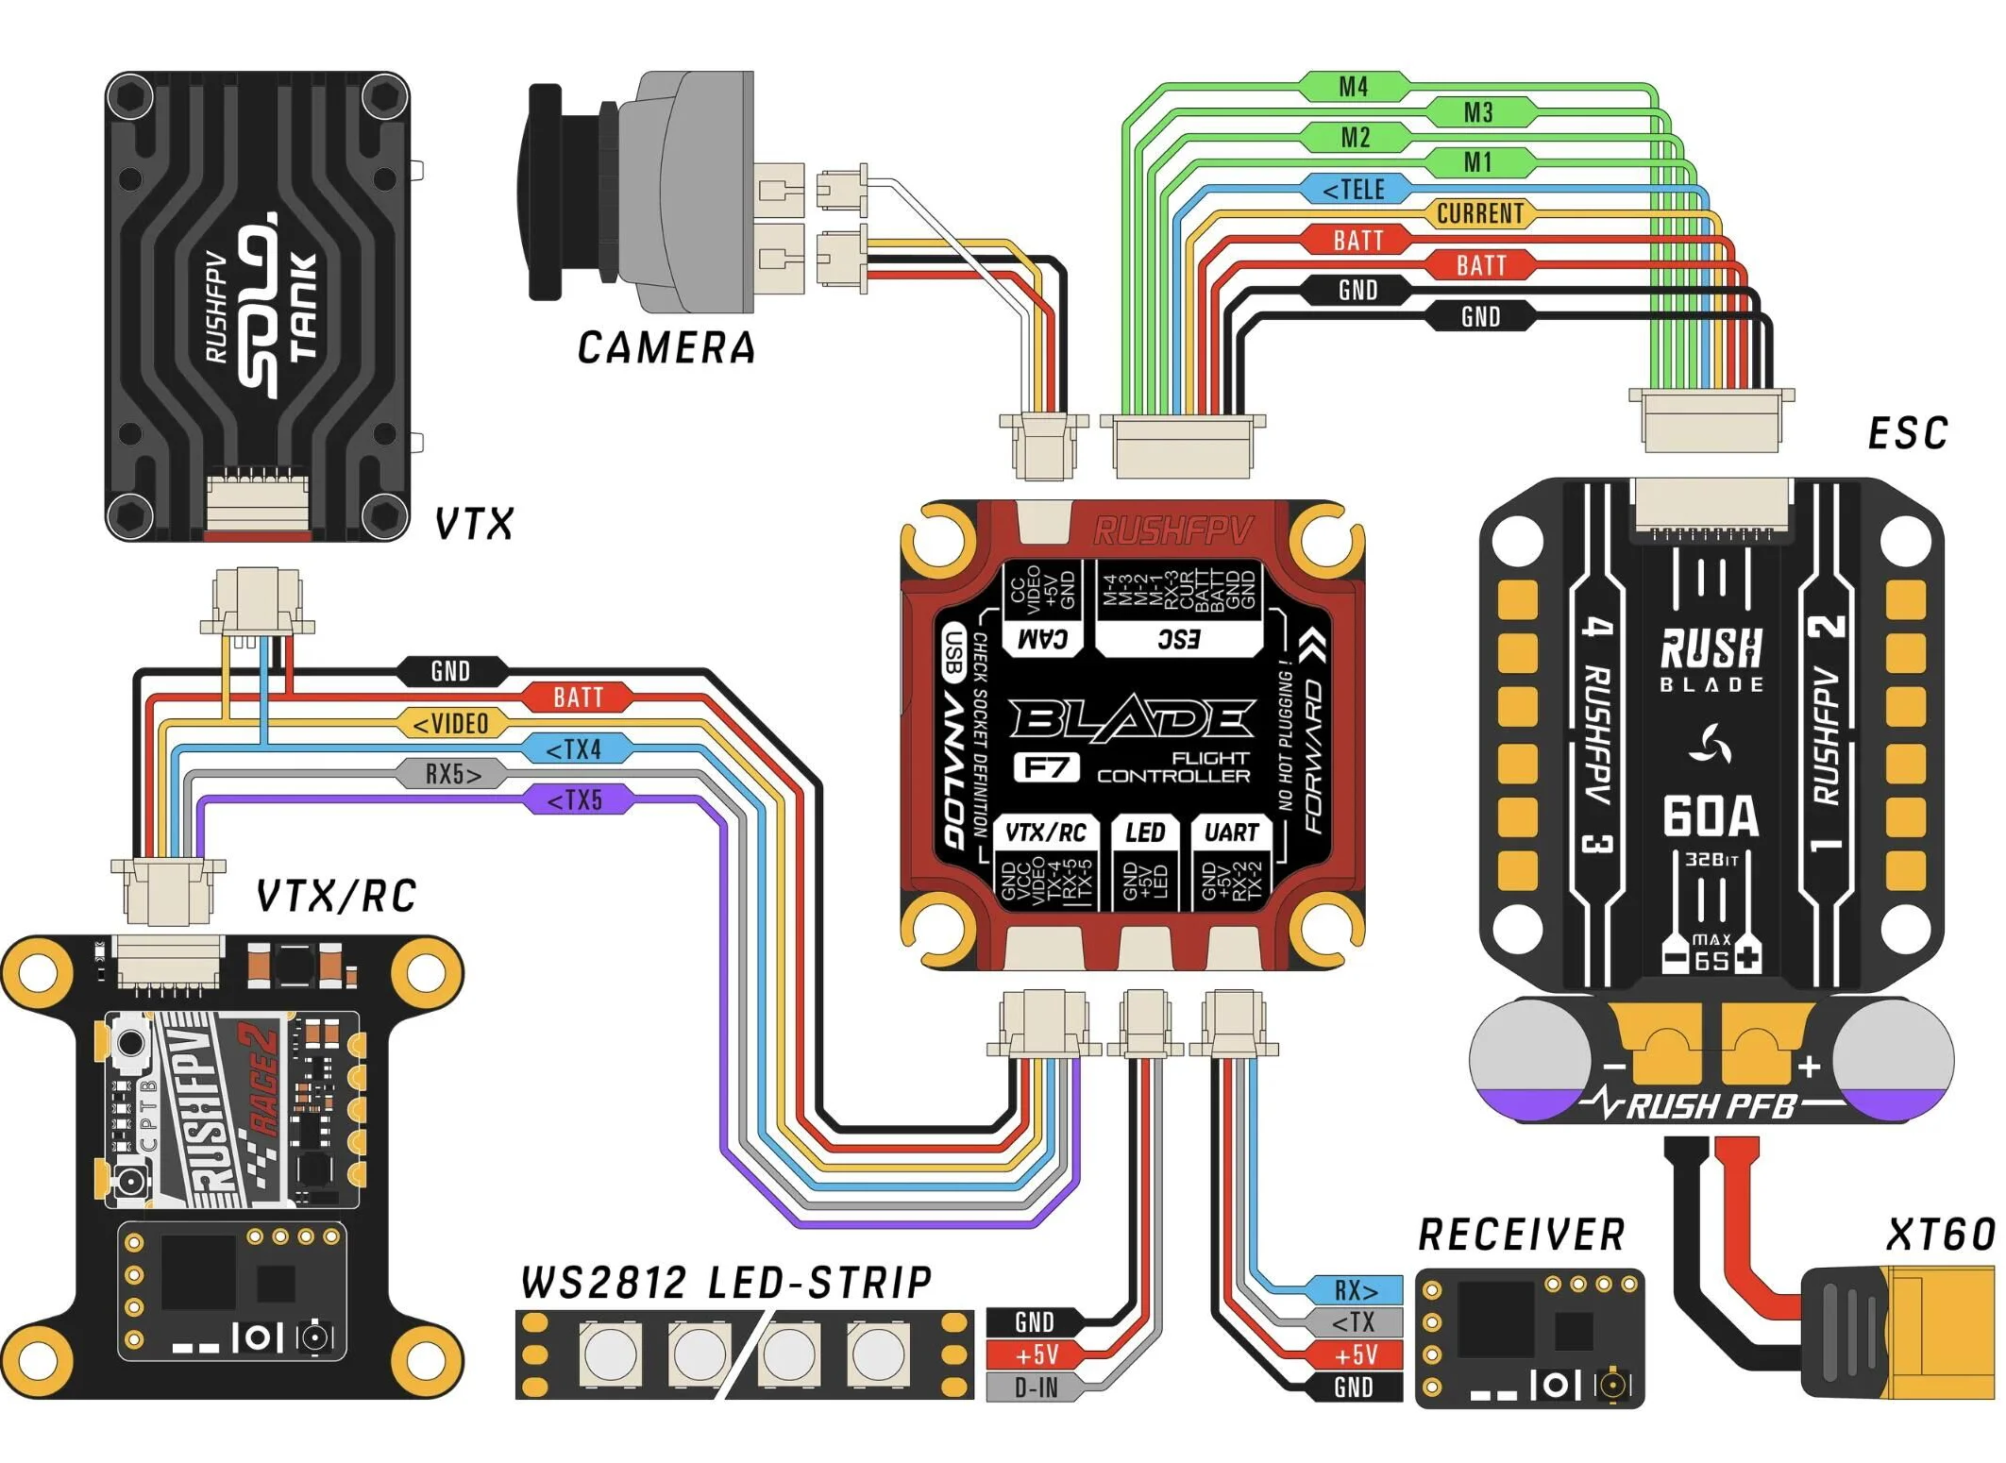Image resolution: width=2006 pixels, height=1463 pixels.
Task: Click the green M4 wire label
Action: click(1354, 88)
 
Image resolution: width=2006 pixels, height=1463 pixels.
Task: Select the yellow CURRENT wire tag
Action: click(1479, 214)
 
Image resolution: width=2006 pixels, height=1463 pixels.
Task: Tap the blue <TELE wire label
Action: click(1355, 190)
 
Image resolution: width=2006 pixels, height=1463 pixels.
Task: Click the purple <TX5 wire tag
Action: click(575, 800)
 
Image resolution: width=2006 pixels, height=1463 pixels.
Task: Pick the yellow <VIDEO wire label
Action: click(452, 724)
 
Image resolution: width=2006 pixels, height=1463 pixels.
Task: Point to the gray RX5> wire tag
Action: click(452, 775)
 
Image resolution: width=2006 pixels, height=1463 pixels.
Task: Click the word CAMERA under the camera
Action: click(666, 348)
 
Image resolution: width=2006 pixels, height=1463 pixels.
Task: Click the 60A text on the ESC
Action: click(1711, 817)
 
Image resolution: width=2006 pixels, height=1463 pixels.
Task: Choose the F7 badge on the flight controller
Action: click(1046, 767)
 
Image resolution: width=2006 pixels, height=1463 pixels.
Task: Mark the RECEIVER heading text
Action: click(1522, 1235)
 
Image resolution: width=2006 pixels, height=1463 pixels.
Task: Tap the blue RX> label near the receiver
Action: click(1355, 1290)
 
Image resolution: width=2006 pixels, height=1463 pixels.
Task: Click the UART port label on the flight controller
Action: click(1231, 832)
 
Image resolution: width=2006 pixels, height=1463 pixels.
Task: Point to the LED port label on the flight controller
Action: click(1145, 832)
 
